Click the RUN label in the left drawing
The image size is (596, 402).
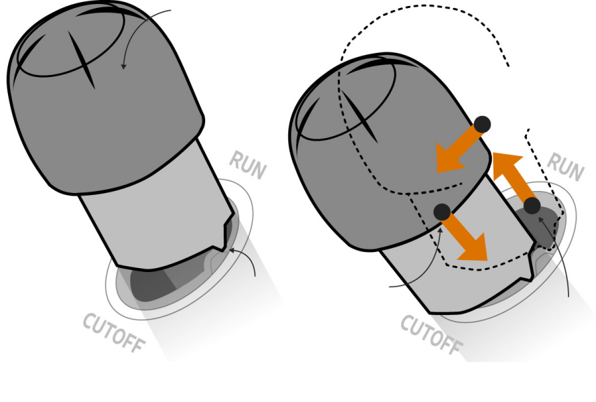[247, 165]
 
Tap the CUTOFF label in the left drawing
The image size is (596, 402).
[114, 333]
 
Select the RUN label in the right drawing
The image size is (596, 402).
[565, 167]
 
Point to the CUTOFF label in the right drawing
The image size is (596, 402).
[432, 334]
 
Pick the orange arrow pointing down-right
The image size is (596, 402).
[466, 237]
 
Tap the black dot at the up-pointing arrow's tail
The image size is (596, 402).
[532, 206]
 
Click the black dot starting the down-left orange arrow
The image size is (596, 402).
[482, 124]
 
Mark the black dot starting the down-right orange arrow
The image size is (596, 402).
[442, 212]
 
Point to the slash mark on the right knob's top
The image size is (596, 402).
[359, 115]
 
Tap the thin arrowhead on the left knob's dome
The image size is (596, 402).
[123, 66]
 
